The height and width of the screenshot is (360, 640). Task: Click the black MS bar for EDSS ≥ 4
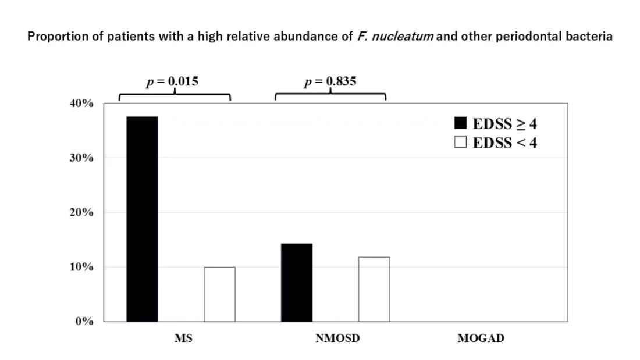click(x=142, y=219)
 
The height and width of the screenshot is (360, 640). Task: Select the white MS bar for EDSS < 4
click(x=219, y=294)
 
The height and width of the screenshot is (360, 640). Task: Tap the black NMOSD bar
click(x=297, y=282)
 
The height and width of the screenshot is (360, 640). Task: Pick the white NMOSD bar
click(x=374, y=289)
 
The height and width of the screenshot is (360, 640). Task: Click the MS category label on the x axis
click(x=183, y=338)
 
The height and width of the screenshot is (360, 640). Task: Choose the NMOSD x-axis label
click(x=337, y=338)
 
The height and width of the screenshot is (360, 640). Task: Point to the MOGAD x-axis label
click(x=481, y=338)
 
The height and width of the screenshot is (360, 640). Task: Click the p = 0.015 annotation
click(x=172, y=82)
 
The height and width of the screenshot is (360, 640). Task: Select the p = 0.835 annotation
click(x=330, y=82)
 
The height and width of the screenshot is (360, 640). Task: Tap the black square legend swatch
click(x=461, y=123)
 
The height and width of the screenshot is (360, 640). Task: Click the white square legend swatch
click(x=461, y=142)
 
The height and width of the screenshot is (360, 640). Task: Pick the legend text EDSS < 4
click(x=504, y=142)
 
